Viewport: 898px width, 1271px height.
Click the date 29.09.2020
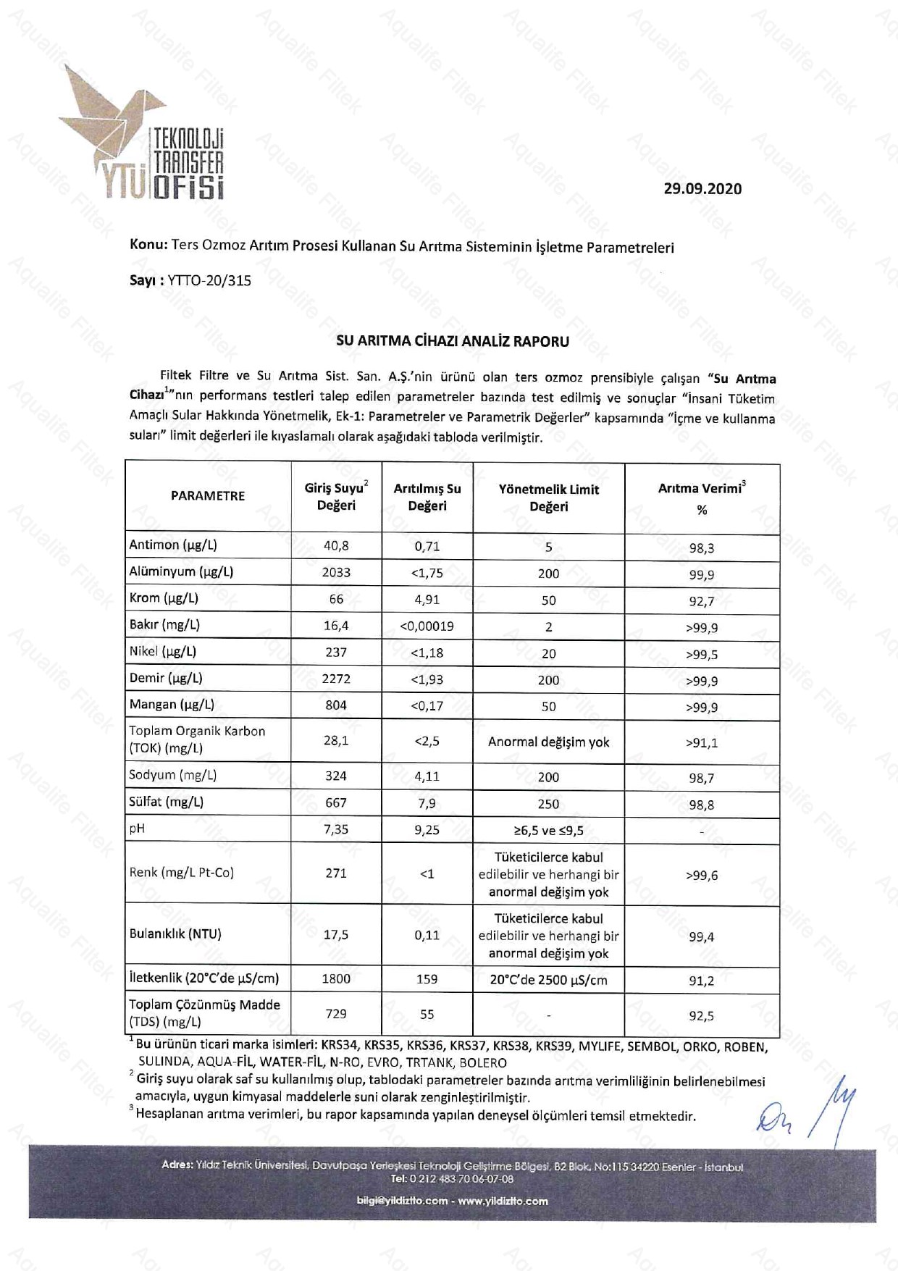[x=702, y=189]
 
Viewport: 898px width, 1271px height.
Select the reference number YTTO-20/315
[x=209, y=281]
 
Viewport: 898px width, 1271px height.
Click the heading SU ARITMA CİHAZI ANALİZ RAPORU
[x=453, y=342]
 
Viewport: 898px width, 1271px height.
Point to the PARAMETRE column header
[x=208, y=496]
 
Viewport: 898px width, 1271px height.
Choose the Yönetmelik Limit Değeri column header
[x=548, y=498]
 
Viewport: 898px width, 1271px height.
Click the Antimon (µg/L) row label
[x=173, y=545]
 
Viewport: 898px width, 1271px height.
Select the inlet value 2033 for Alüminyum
[x=336, y=573]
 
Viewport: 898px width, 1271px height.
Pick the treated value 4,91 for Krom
[x=427, y=600]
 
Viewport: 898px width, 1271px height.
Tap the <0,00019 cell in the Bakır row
[x=427, y=626]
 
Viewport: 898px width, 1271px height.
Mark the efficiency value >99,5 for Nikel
[x=701, y=655]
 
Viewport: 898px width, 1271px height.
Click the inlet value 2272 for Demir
[x=336, y=679]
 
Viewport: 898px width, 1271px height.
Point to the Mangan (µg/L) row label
[x=172, y=705]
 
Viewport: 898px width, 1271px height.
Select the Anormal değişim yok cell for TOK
[x=548, y=742]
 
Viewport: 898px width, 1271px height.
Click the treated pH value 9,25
[x=427, y=830]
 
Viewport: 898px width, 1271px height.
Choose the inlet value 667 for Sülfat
[x=336, y=803]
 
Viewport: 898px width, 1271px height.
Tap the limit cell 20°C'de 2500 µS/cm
[x=548, y=981]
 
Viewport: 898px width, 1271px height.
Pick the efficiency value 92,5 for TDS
[x=701, y=1016]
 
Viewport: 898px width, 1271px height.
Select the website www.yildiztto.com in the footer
[x=503, y=1201]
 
